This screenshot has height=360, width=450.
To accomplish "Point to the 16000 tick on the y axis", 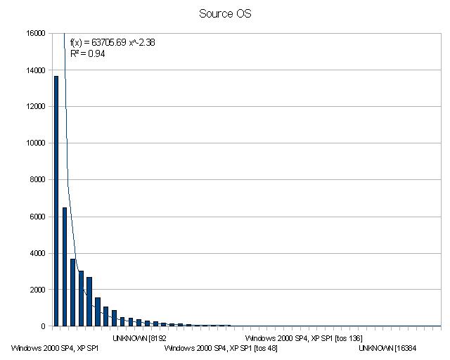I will pyautogui.click(x=36, y=33).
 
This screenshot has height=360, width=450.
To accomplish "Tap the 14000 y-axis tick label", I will pyautogui.click(x=36, y=70).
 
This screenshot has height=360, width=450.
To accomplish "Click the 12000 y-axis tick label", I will pyautogui.click(x=36, y=106).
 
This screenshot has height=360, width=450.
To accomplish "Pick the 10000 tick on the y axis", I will pyautogui.click(x=36, y=143).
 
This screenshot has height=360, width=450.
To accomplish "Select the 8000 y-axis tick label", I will pyautogui.click(x=38, y=179).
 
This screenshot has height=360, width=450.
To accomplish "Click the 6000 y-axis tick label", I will pyautogui.click(x=38, y=216).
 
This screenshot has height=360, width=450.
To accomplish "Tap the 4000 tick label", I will pyautogui.click(x=38, y=252).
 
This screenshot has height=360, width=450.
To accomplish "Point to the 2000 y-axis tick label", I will pyautogui.click(x=38, y=289).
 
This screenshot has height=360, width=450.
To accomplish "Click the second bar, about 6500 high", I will pyautogui.click(x=65, y=266).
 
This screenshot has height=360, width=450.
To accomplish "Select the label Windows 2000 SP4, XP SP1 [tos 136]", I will pyautogui.click(x=304, y=338).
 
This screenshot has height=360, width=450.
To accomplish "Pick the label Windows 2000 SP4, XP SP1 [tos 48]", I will pyautogui.click(x=221, y=348).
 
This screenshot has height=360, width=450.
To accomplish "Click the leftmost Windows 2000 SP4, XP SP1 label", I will pyautogui.click(x=55, y=348).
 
